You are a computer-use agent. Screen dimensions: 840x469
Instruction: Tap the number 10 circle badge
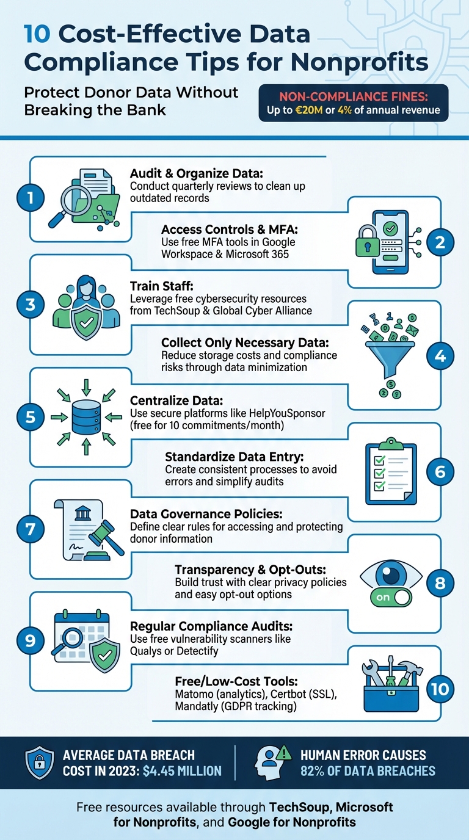pyautogui.click(x=440, y=689)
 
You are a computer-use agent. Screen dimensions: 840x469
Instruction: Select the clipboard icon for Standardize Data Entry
pyautogui.click(x=390, y=472)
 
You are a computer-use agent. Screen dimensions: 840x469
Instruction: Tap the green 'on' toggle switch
pyautogui.click(x=391, y=597)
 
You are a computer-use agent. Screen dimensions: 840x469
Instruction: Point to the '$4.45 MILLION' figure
pyautogui.click(x=181, y=771)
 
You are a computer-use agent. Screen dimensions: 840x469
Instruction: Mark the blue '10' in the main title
pyautogui.click(x=37, y=34)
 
